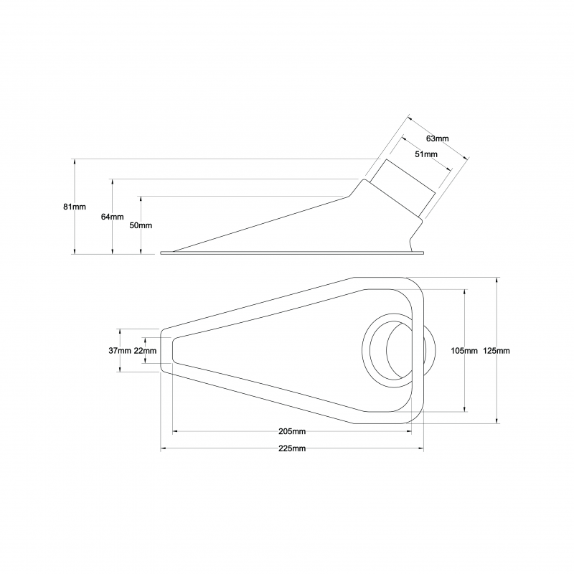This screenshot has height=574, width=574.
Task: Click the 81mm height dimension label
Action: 75,207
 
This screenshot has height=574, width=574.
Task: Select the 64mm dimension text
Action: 113,217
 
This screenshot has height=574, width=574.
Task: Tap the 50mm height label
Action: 141,225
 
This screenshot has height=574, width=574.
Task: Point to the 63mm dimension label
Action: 438,138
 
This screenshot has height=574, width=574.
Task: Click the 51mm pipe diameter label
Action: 426,154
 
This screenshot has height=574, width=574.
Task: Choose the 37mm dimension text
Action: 120,351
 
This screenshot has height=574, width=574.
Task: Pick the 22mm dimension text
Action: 145,351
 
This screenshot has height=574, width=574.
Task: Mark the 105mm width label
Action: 464,351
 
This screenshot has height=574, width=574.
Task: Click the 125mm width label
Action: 497,351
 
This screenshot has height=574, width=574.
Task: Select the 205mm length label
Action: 292,431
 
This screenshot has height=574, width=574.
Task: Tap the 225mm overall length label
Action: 292,448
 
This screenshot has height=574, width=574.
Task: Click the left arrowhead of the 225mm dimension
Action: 164,448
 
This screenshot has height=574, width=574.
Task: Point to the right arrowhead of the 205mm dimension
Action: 409,432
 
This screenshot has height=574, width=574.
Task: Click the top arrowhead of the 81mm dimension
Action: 75,161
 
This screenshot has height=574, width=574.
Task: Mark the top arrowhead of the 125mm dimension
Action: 497,280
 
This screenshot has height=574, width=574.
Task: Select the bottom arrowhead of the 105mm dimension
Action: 465,409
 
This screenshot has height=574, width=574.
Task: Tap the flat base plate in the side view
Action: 292,253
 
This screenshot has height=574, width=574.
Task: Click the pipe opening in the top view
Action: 400,350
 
